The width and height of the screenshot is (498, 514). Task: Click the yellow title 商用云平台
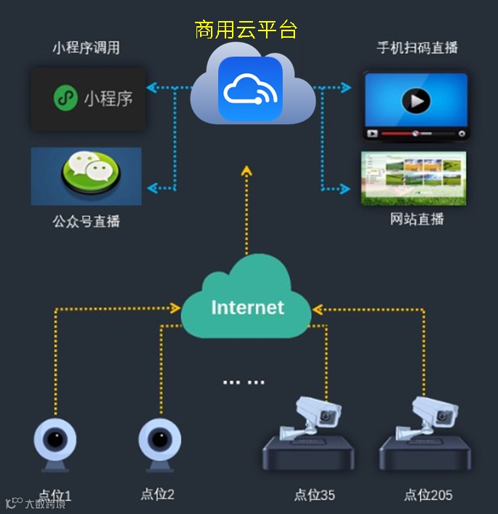(x=246, y=30)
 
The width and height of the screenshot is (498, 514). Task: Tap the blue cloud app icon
(x=249, y=89)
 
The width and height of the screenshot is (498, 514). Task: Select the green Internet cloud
(x=246, y=305)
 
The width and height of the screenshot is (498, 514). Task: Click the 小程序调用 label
(x=86, y=49)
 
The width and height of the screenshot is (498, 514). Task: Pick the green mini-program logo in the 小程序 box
(x=66, y=98)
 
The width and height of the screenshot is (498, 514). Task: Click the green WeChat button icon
(x=86, y=174)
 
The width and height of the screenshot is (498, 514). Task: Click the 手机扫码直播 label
(x=418, y=49)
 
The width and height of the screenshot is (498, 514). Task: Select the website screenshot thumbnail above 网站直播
(x=413, y=178)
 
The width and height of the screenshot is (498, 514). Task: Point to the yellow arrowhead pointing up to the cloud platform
(x=246, y=171)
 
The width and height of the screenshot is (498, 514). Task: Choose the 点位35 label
(x=315, y=495)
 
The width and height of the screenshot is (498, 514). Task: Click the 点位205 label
(x=428, y=495)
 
